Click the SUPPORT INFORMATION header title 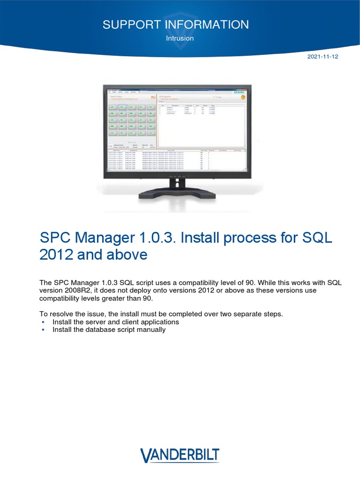(176, 24)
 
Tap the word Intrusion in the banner (180, 38)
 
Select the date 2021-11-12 (322, 57)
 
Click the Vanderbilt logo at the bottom (180, 456)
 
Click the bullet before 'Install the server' (43, 322)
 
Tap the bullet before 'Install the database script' (43, 330)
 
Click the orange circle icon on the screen (242, 97)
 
